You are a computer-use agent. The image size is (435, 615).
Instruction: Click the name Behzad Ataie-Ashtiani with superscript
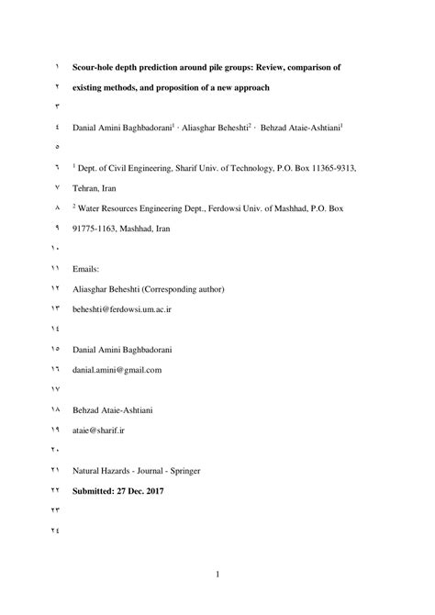click(x=305, y=128)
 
